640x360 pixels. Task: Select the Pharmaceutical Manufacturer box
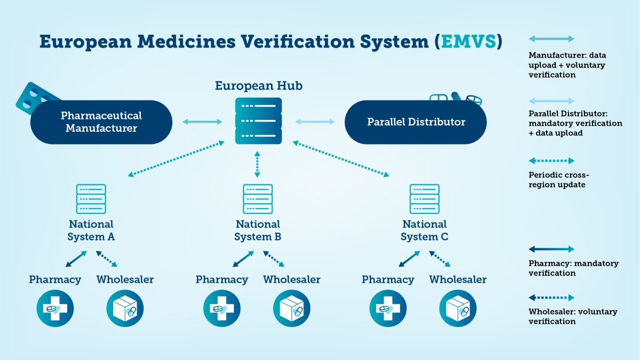[x=101, y=122]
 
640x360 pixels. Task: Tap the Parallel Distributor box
[x=416, y=122]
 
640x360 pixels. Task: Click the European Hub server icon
[x=258, y=121]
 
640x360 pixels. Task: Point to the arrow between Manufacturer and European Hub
[x=202, y=122]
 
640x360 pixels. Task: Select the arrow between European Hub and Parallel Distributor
[x=315, y=122]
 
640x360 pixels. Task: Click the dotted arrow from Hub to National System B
[x=258, y=164]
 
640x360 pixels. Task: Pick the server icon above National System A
[x=91, y=199]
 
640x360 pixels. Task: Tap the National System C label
[x=425, y=230]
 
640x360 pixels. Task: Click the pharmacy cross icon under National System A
[x=55, y=309]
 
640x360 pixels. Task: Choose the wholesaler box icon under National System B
[x=292, y=309]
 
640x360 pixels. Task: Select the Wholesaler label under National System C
[x=458, y=279]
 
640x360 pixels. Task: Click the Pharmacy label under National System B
[x=222, y=279]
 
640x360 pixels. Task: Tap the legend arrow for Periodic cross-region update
[x=551, y=161]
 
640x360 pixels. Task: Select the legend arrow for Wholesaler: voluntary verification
[x=551, y=298]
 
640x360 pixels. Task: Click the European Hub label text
[x=258, y=86]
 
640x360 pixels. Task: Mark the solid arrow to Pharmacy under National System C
[x=409, y=259]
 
